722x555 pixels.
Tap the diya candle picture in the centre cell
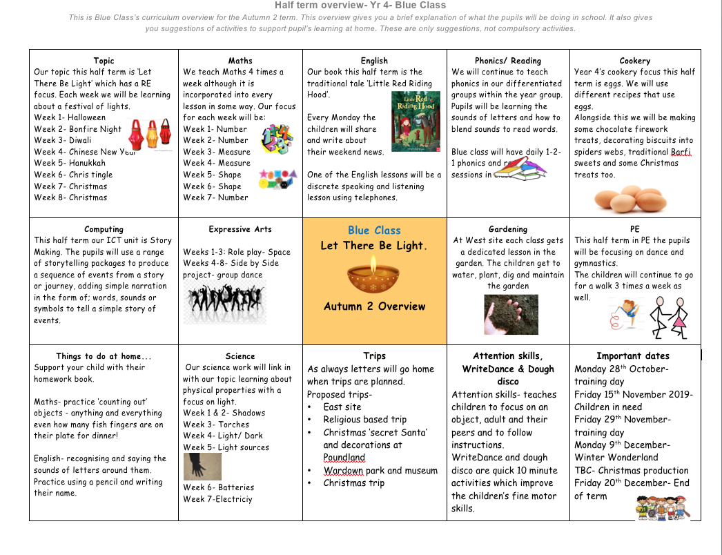click(374, 274)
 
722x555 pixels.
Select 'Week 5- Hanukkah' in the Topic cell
click(70, 163)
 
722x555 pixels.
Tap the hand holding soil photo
click(511, 314)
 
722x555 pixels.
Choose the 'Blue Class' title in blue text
click(374, 231)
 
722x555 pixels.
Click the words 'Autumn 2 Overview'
click(374, 306)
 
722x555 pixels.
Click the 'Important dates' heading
click(633, 356)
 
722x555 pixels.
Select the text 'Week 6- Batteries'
click(218, 487)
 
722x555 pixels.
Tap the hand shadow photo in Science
click(202, 466)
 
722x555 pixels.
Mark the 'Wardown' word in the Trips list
click(343, 471)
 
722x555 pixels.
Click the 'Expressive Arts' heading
click(240, 229)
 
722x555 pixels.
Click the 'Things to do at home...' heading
click(104, 356)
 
